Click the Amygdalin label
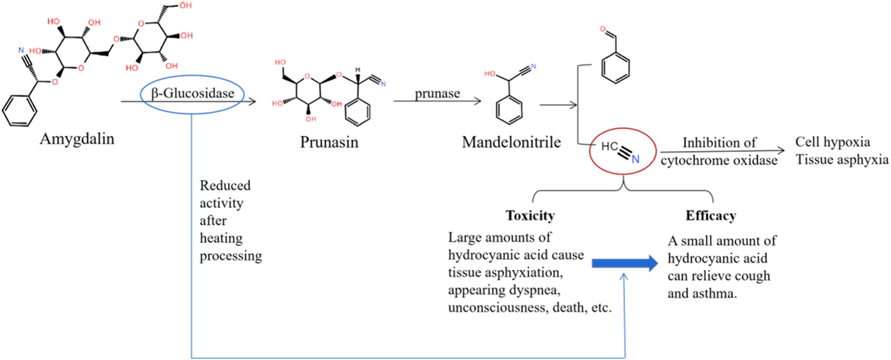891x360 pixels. point(77,139)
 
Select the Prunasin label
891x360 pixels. point(329,142)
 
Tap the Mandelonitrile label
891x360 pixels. point(511,142)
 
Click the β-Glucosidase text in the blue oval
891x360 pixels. point(193,93)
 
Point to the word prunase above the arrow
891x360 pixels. point(437,93)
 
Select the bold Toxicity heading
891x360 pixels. point(530,216)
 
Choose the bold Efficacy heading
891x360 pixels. point(710,216)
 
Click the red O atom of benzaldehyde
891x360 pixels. point(603,29)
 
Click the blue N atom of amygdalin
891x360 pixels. point(21,50)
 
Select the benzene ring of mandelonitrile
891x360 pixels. point(509,110)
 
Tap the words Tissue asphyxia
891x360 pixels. point(842,160)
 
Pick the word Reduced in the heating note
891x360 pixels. point(225,186)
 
